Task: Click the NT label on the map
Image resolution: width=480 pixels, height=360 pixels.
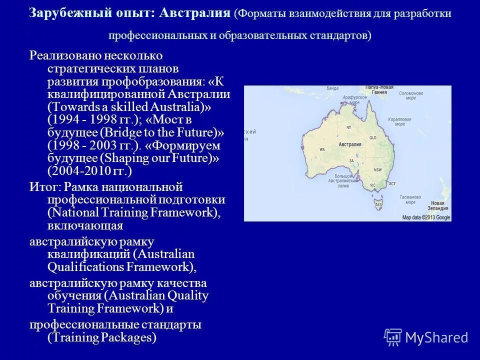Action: [x=348, y=128]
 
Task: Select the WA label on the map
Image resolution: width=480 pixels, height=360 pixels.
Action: [x=322, y=149]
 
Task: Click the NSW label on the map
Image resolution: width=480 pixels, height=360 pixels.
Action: [x=378, y=169]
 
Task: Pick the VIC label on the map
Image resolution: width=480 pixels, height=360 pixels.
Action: [x=372, y=185]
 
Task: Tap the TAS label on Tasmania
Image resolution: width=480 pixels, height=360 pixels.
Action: [x=378, y=205]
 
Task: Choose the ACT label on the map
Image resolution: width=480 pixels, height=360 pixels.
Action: [x=392, y=184]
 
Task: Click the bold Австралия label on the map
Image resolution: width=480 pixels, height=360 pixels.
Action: [x=350, y=144]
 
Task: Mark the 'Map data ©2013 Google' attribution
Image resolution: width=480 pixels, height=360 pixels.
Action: [x=426, y=217]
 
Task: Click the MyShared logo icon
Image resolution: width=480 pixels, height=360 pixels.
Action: [x=393, y=337]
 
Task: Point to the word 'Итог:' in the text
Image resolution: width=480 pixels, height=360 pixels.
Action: [x=45, y=187]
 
